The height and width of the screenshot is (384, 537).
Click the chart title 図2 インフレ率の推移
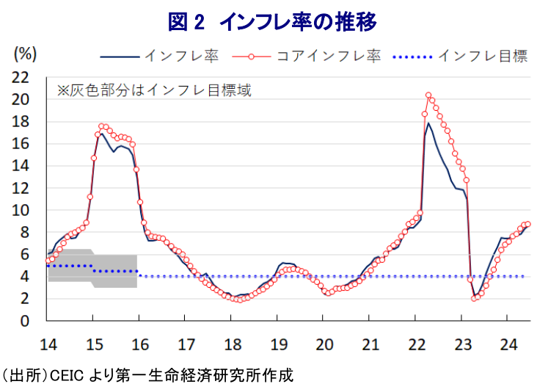click(272, 22)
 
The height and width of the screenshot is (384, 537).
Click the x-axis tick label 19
click(278, 344)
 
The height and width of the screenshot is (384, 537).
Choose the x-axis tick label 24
click(508, 344)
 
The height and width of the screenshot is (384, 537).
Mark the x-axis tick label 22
click(416, 344)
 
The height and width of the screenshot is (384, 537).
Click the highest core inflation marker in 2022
click(428, 95)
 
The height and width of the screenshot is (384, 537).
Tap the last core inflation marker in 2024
click(527, 224)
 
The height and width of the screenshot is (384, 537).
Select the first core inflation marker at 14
click(48, 261)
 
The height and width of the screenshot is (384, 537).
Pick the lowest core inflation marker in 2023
click(475, 298)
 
